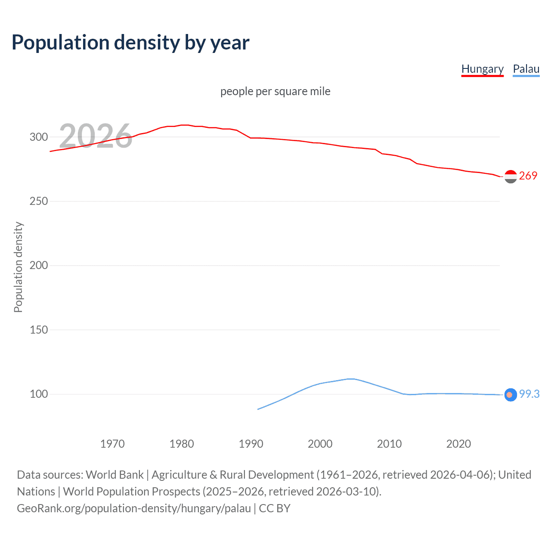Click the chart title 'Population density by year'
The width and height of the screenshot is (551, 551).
point(130,43)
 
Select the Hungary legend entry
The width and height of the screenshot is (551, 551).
point(482,69)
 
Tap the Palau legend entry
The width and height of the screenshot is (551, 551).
point(526,69)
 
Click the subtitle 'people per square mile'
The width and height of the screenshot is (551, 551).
point(275,92)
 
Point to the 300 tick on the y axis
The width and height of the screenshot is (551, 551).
point(39,137)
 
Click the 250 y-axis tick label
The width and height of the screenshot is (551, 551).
point(39,201)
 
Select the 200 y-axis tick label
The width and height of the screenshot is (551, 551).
point(39,266)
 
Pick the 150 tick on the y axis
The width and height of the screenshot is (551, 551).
point(39,330)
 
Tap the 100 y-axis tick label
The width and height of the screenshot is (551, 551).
point(39,394)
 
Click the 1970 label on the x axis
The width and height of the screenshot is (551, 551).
point(112,444)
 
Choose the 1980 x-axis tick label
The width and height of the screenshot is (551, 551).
point(182,444)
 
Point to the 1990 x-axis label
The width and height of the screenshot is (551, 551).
point(251,444)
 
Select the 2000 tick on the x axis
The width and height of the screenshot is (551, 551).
point(320,444)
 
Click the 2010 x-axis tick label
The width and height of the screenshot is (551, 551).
point(390,444)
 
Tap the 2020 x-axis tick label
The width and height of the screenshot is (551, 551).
point(458,444)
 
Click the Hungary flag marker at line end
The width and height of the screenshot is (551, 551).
point(511,176)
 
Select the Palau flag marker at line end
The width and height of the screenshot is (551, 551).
point(511,395)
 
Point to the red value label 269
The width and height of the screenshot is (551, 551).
point(528,176)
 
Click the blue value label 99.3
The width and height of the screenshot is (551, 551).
point(529,394)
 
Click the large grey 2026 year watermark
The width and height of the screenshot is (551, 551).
point(96,136)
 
